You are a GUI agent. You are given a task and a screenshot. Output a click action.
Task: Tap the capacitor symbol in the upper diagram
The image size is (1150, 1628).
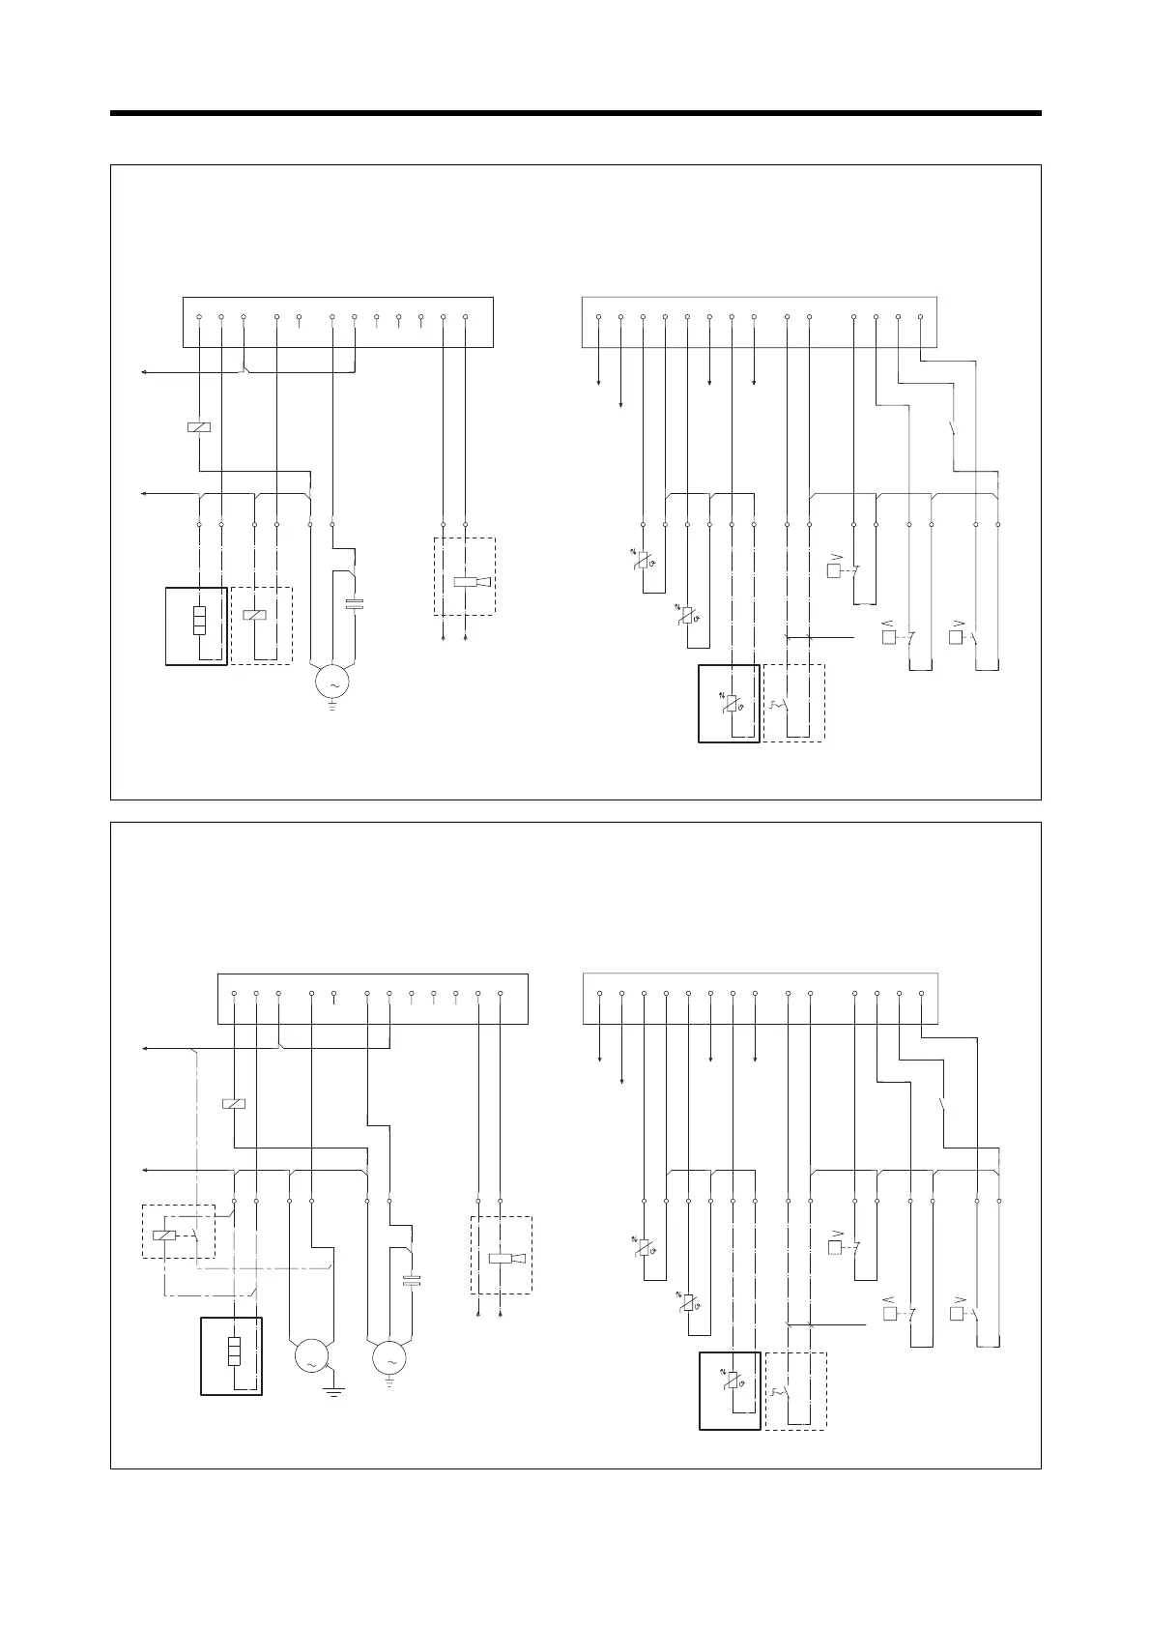tap(355, 605)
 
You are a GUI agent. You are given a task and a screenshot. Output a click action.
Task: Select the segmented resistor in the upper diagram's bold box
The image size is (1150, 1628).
tap(199, 620)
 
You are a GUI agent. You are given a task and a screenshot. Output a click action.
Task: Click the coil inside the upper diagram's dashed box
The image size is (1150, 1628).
tap(255, 615)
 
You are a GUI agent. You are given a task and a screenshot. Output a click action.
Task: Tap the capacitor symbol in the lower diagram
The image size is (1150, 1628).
tap(412, 1282)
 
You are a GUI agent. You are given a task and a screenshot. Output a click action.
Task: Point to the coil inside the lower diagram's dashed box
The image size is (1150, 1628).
tap(165, 1235)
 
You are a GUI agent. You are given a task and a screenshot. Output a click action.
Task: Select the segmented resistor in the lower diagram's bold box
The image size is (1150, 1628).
tap(233, 1351)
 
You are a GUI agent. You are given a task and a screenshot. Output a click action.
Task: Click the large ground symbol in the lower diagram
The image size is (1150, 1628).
tap(333, 1392)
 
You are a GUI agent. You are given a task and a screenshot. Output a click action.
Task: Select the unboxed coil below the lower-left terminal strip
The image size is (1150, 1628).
tap(233, 1103)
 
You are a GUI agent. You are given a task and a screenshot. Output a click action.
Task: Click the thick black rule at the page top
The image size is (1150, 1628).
tap(575, 113)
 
